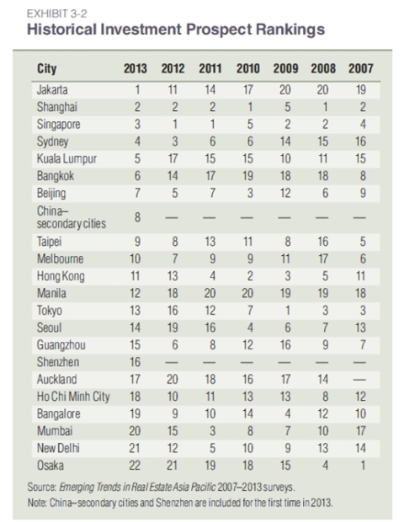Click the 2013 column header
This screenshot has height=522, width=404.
[x=136, y=68]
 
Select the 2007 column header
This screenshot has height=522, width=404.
[x=361, y=68]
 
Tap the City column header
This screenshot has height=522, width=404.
[x=47, y=68]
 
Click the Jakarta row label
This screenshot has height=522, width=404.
[x=52, y=90]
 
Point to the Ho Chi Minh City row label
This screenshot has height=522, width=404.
[x=73, y=397]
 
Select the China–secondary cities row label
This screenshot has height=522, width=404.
[x=72, y=217]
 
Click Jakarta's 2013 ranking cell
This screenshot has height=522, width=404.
[x=137, y=90]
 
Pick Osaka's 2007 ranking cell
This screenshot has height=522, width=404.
[x=363, y=466]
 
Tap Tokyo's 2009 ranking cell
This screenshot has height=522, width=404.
[x=288, y=311]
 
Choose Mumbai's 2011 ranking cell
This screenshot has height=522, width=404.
[x=213, y=431]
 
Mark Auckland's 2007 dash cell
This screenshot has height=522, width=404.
[x=359, y=380]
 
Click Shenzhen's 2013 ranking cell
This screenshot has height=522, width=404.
[x=136, y=362]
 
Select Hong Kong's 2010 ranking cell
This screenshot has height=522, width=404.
[x=250, y=276]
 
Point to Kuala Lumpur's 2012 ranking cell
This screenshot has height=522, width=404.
[x=173, y=159]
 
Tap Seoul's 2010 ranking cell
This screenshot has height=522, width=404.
[x=250, y=328]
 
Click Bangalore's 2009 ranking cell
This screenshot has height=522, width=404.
[x=288, y=413]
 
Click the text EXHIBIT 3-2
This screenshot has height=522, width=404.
[x=57, y=13]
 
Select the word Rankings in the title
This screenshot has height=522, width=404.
[x=290, y=29]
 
